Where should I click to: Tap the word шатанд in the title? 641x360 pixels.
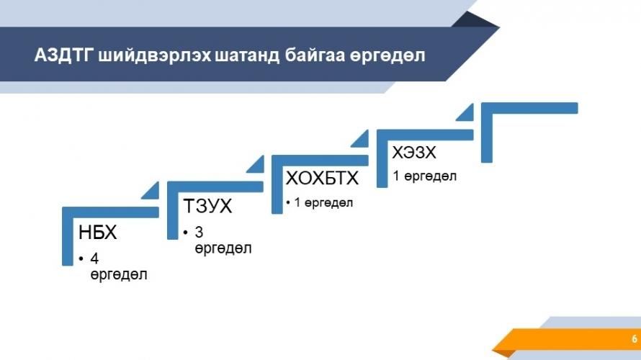[x=247, y=55]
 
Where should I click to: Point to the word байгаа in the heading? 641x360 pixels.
[x=315, y=56]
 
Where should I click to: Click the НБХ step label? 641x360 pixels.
[x=98, y=232]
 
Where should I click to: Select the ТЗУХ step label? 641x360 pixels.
[x=207, y=205]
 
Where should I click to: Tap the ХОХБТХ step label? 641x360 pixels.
[x=322, y=178]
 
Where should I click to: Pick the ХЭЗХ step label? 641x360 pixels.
[x=414, y=153]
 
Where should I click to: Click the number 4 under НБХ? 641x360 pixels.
[x=94, y=258]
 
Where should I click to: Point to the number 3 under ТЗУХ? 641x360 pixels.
[x=199, y=232]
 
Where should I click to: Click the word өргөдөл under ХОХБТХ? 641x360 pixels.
[x=328, y=202]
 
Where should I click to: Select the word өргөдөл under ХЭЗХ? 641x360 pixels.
[x=431, y=176]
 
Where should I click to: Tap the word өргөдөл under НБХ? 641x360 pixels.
[x=119, y=274]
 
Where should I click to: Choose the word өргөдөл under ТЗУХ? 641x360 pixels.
[x=223, y=248]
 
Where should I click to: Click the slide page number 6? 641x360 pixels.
[x=635, y=338]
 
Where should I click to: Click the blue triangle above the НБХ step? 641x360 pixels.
[x=153, y=193]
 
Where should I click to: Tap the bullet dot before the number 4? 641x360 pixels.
[x=81, y=258]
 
